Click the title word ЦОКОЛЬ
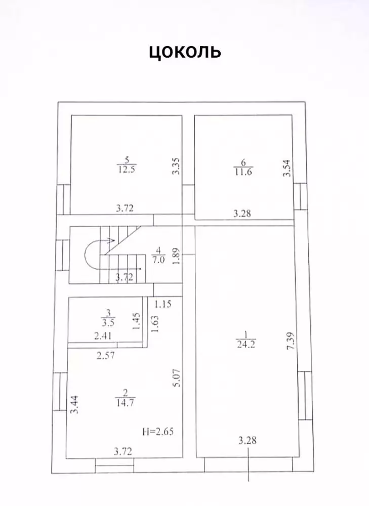pyautogui.click(x=185, y=51)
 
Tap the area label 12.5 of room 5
pyautogui.click(x=126, y=170)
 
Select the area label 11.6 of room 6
pyautogui.click(x=243, y=172)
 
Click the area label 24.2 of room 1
pyautogui.click(x=246, y=344)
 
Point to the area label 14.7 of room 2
pyautogui.click(x=125, y=402)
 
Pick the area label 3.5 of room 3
pyautogui.click(x=108, y=322)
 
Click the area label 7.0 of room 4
pyautogui.click(x=158, y=260)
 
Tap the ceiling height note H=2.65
pyautogui.click(x=158, y=432)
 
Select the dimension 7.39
pyautogui.click(x=291, y=342)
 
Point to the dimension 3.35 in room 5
pyautogui.click(x=176, y=166)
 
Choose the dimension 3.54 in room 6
pyautogui.click(x=287, y=168)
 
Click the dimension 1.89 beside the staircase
pyautogui.click(x=176, y=256)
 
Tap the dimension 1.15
pyautogui.click(x=162, y=304)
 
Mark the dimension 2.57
pyautogui.click(x=106, y=356)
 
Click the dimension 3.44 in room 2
pyautogui.click(x=74, y=405)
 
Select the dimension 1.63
pyautogui.click(x=155, y=324)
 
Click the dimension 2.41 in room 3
pyautogui.click(x=103, y=336)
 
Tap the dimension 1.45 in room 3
pyautogui.click(x=136, y=321)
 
